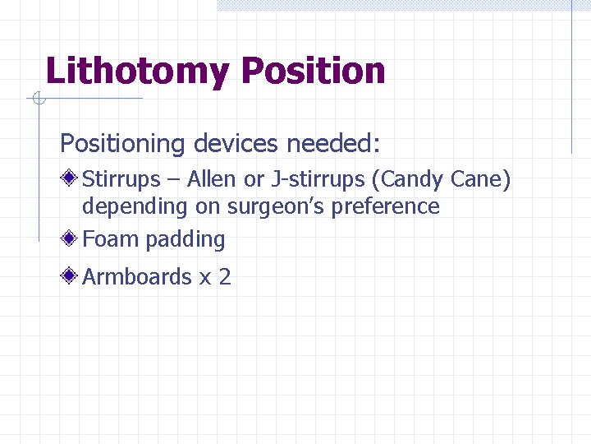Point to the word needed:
[x=333, y=144]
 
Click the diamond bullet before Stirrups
[x=71, y=178]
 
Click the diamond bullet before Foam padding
[x=71, y=239]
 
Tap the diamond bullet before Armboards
[x=71, y=276]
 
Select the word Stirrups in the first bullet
[x=121, y=178]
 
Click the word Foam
[x=111, y=239]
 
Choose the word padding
[x=186, y=240]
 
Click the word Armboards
[x=137, y=276]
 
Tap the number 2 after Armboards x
[x=225, y=277]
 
